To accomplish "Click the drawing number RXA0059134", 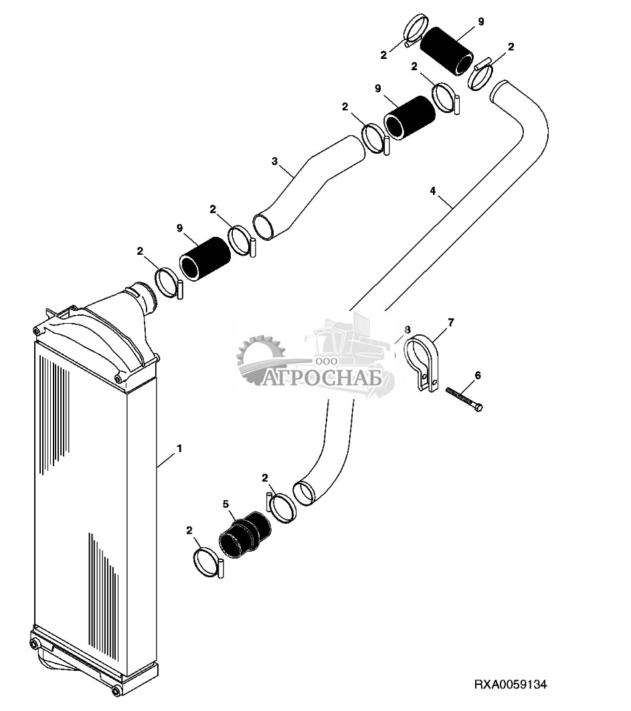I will tap(511, 685).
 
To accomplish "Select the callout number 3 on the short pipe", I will tap(274, 161).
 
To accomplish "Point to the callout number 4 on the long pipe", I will tap(433, 191).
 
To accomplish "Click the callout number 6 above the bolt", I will tap(477, 376).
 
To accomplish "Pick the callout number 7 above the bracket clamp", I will tap(450, 323).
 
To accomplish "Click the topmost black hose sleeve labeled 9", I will tap(446, 49).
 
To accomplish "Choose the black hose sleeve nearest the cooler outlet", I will tap(203, 258).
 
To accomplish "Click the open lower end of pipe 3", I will tap(264, 227).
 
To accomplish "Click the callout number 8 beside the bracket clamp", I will tap(407, 330).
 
